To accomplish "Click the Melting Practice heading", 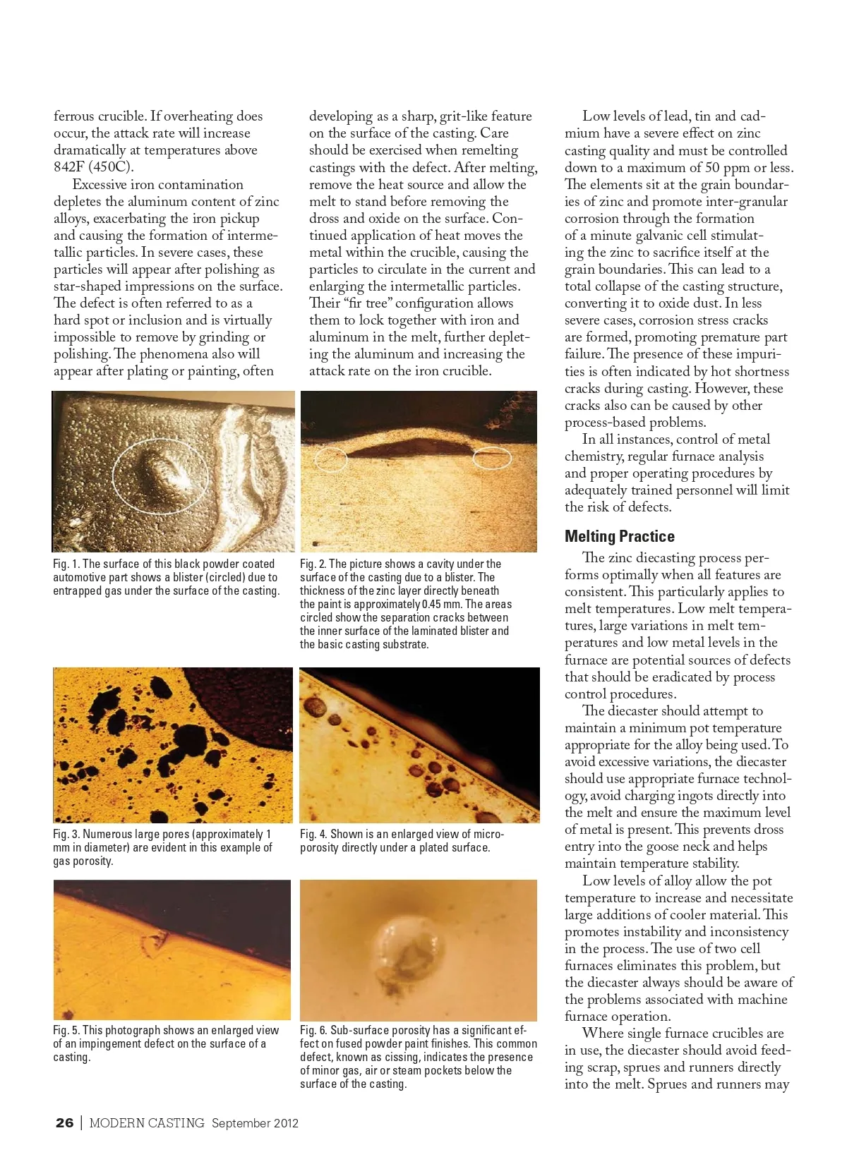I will (619, 536).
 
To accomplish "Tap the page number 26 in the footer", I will (64, 1123).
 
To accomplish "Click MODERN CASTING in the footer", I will (147, 1123).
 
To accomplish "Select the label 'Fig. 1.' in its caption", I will (66, 564).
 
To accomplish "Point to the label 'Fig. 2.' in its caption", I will (313, 564).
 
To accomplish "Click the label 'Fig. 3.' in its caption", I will (66, 834).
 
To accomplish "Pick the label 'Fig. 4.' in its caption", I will (313, 834).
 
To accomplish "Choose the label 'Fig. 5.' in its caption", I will (66, 1030).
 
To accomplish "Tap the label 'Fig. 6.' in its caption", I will (313, 1030).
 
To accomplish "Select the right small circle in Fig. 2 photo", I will (491, 459).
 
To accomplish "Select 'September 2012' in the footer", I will (255, 1123).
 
